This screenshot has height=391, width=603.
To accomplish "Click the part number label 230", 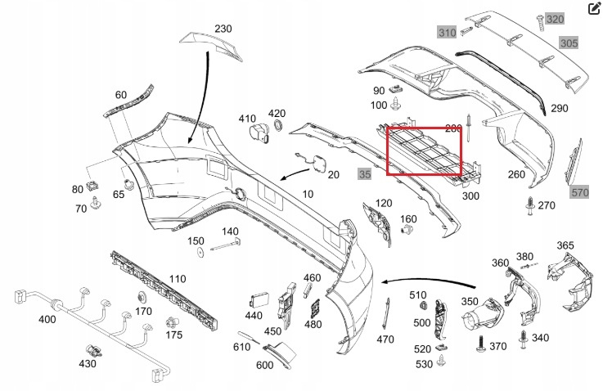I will (x=223, y=29).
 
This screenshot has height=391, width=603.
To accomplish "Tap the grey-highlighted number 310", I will (x=447, y=33).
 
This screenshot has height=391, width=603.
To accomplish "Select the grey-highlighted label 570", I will (x=580, y=192).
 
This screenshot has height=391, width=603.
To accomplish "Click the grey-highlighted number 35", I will (x=364, y=173).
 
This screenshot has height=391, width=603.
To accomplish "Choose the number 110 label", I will (x=177, y=279).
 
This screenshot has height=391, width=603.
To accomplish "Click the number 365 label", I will (x=565, y=245).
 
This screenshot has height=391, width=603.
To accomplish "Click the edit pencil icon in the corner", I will (x=594, y=9).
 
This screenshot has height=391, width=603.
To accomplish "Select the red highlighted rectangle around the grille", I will (x=425, y=151).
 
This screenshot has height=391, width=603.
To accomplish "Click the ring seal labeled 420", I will (x=277, y=127).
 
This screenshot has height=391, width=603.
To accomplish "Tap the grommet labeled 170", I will (x=142, y=295).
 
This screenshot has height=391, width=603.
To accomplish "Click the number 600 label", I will (x=263, y=365).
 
